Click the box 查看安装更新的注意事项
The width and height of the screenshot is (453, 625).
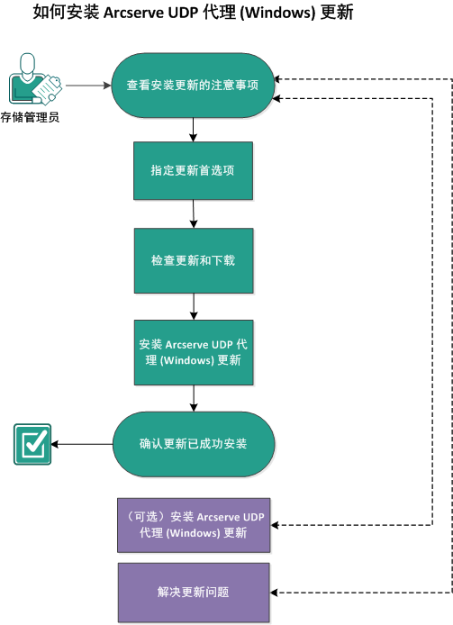coord(193,86)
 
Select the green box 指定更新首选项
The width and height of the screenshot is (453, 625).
coord(193,170)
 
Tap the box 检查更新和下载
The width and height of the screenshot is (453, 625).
coord(193,260)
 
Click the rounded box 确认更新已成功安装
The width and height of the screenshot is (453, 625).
coord(193,444)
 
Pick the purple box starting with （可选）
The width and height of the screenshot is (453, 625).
coord(193,524)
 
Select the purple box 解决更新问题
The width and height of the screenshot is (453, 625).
coord(193,593)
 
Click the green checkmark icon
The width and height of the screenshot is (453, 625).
coord(32,444)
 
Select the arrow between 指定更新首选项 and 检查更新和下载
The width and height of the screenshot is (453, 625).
coord(194,214)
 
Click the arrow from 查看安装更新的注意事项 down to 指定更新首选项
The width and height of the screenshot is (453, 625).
coord(193,130)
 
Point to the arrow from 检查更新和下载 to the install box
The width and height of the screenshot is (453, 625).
coord(194,306)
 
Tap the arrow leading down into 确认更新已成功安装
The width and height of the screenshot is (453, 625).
coord(194,398)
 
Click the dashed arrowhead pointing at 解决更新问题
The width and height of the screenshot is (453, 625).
coord(276,593)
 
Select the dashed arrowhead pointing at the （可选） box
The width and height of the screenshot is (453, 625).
coord(276,524)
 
